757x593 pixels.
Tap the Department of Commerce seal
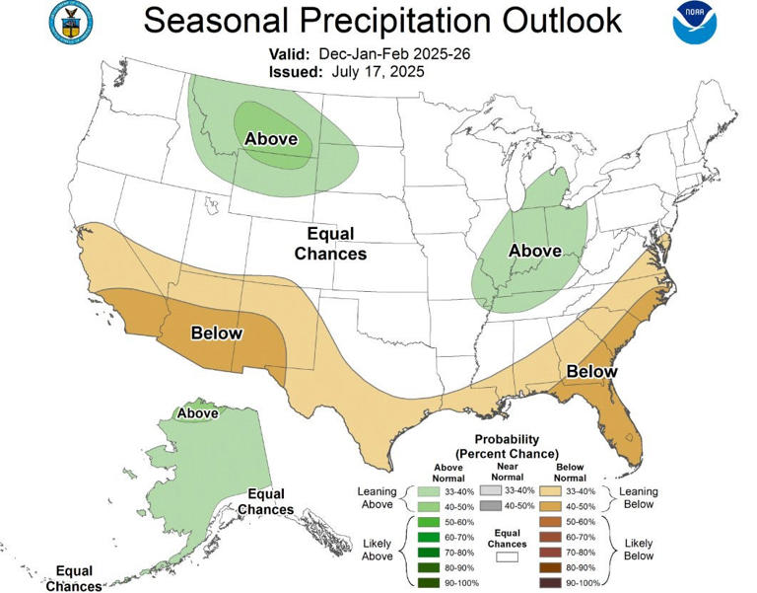[x=71, y=23]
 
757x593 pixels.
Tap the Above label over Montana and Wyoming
[x=270, y=139]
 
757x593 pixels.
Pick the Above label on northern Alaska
[x=197, y=413]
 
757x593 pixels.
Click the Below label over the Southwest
[x=217, y=333]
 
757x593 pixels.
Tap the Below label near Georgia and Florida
[x=590, y=371]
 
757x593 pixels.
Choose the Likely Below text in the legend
[x=639, y=550]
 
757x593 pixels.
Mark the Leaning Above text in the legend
[x=377, y=497]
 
